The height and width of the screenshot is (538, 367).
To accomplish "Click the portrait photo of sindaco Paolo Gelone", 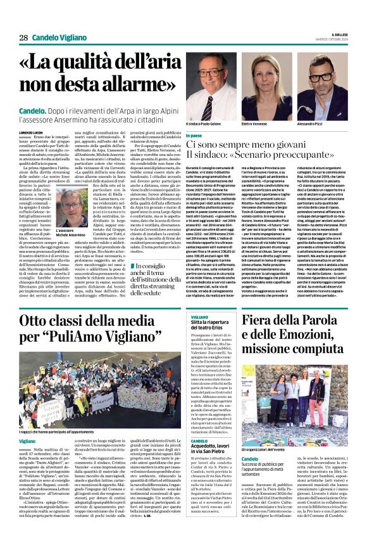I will (206, 91).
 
